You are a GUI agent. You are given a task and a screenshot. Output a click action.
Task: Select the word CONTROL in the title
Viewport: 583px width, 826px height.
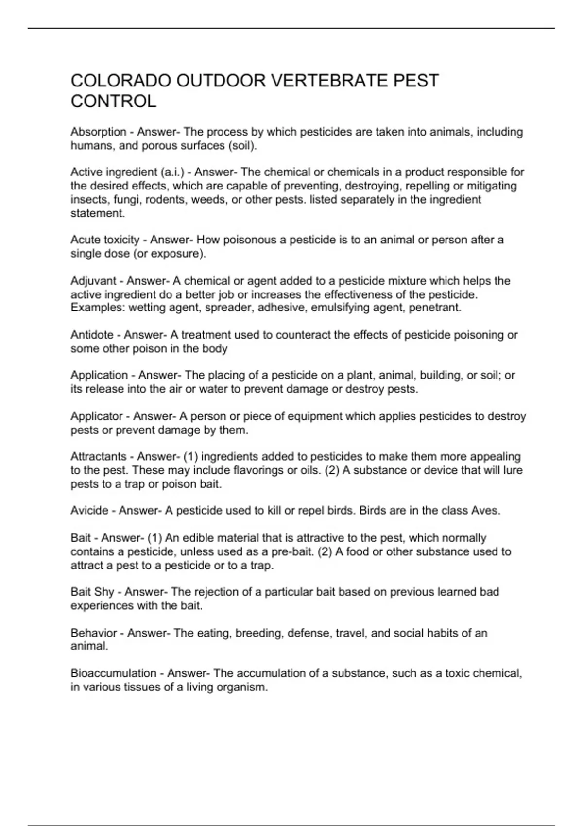114,102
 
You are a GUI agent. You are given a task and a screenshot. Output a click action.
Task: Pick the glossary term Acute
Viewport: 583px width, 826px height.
85,240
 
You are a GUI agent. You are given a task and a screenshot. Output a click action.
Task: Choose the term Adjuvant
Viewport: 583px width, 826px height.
93,281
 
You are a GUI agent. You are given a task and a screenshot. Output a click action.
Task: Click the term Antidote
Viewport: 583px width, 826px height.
92,335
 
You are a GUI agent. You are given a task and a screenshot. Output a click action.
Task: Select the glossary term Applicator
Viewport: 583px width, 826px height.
97,416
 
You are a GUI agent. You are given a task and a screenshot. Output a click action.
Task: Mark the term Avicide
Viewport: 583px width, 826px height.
89,511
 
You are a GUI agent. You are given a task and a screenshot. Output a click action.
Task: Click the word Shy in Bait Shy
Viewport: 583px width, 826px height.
105,592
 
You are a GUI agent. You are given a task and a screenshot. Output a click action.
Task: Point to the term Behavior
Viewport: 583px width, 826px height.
94,633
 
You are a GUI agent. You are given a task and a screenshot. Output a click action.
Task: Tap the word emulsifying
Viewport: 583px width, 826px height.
340,308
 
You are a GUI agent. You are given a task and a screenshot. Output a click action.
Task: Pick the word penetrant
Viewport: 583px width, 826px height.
435,308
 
